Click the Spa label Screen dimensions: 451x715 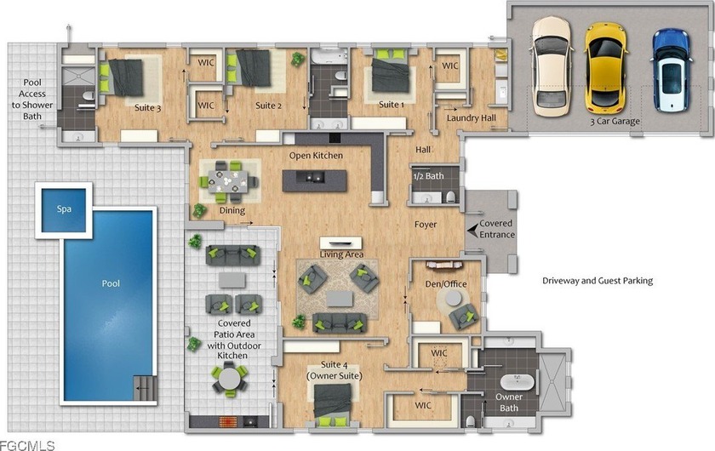[64, 209]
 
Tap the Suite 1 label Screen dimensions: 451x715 [391, 105]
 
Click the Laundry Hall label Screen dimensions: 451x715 [472, 117]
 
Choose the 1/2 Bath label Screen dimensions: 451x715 [428, 176]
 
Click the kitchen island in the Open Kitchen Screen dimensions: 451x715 [317, 177]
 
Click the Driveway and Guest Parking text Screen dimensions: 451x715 [598, 281]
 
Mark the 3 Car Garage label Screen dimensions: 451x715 [615, 122]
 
